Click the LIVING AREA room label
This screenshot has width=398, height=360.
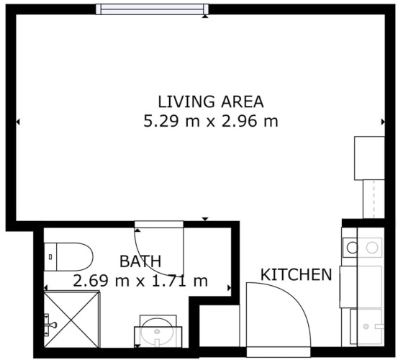(211, 102)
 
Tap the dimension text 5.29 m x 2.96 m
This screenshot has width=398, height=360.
(211, 121)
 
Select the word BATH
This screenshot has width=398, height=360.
(140, 261)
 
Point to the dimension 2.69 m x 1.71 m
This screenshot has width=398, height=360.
(140, 281)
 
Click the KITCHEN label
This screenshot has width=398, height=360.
(297, 274)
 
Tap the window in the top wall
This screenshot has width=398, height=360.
(153, 9)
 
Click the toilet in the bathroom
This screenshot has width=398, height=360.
(68, 256)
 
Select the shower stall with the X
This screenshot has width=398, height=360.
(71, 320)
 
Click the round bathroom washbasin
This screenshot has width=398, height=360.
(158, 332)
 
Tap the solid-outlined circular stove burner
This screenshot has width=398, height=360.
(353, 248)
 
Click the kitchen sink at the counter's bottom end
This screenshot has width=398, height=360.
(367, 326)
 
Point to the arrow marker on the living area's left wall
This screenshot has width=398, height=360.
(18, 122)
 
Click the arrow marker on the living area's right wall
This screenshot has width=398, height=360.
(383, 122)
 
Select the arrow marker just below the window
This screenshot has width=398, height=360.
(205, 17)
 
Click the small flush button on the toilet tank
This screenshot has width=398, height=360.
(50, 257)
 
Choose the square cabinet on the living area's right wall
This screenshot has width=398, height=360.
(370, 158)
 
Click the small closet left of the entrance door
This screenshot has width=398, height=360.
(220, 326)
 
